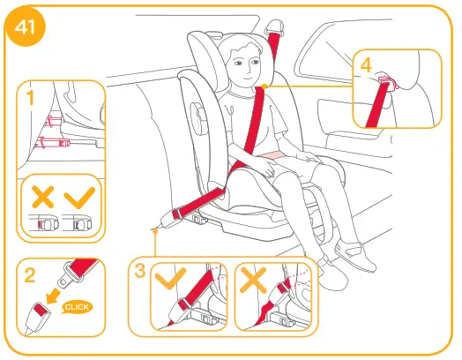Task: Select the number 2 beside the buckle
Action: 30,275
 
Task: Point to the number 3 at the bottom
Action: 139,268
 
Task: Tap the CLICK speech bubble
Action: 78,306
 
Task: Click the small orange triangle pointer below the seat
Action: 155,230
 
